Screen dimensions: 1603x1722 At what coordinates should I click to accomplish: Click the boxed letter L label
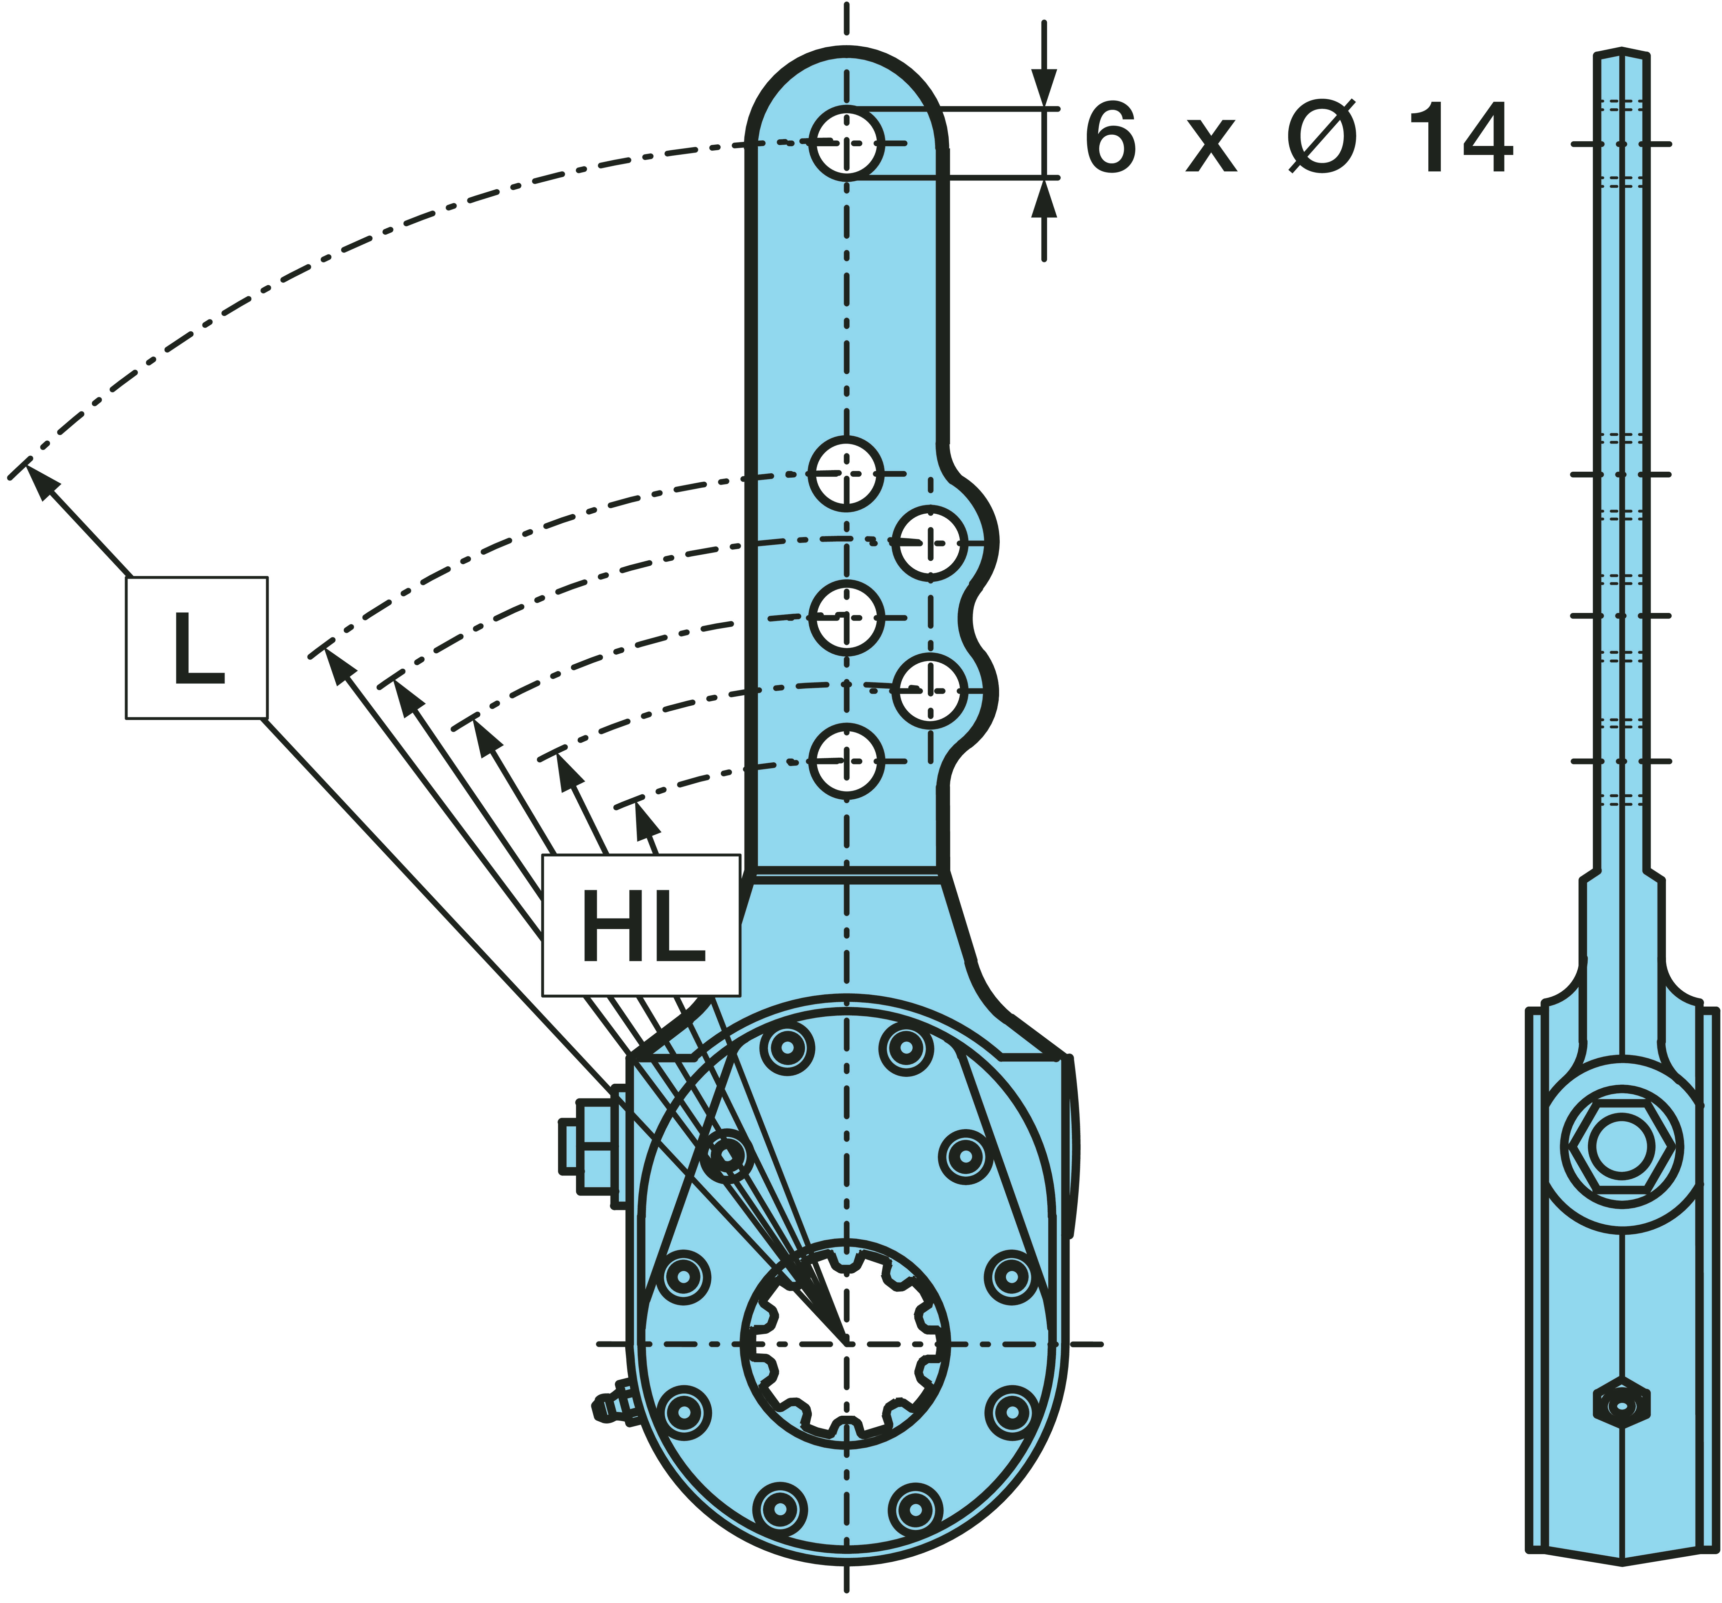coord(197,648)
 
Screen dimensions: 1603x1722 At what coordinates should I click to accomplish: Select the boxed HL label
coord(641,926)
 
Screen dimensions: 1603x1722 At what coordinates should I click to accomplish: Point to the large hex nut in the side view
coord(1621,1145)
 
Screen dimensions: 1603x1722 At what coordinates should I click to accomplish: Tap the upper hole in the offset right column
coord(930,543)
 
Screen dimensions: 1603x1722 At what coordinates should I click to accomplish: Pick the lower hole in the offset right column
coord(930,691)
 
